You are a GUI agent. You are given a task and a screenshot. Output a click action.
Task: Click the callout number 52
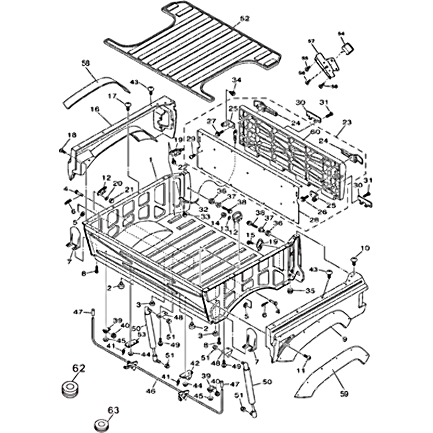pos(245,19)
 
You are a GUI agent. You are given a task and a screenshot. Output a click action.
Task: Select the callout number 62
pos(79,369)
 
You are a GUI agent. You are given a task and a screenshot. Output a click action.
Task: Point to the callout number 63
pos(114,410)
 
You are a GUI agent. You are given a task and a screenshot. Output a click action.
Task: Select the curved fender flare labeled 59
pos(325,373)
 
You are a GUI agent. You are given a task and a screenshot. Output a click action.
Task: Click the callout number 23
pos(347,122)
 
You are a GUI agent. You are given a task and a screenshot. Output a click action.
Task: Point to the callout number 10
pos(365,248)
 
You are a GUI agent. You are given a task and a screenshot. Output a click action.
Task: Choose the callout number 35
pos(310,291)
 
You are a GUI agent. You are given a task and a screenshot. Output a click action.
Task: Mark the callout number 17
pos(113,96)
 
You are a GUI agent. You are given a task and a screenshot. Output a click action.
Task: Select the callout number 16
pos(95,109)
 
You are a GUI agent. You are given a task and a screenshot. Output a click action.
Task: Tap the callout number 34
pos(235,80)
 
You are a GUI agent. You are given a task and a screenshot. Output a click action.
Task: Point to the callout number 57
pos(311,41)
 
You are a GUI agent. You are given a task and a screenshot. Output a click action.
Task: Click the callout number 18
pos(71,135)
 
